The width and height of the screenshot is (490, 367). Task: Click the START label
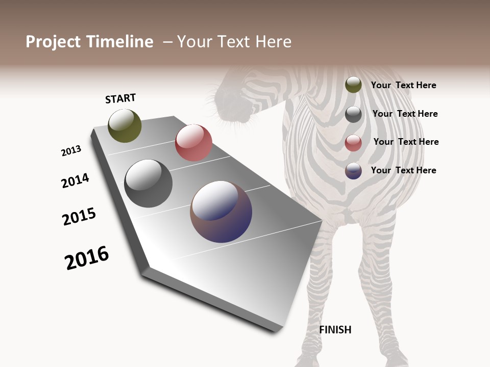coord(120,98)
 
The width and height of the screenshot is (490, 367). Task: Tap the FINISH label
coord(335,330)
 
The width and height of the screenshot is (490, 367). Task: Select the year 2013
coord(71,151)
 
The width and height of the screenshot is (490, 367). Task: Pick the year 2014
coord(75,180)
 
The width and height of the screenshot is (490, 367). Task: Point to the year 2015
coord(79,217)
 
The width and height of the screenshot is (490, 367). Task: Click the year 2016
coord(87,258)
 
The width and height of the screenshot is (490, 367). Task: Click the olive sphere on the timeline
coord(125,125)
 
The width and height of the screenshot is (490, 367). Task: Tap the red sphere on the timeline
coord(193,143)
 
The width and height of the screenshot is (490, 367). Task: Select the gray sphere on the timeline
coord(148,183)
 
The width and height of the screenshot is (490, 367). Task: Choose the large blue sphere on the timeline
coord(221,212)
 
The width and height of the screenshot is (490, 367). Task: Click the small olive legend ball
coord(353,85)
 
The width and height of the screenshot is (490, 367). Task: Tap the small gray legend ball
coord(353,114)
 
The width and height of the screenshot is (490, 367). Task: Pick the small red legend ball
coord(353,143)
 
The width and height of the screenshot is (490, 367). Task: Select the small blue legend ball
coord(353,171)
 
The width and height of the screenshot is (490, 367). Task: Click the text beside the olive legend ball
coord(403,86)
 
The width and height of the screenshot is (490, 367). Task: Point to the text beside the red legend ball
coord(406,142)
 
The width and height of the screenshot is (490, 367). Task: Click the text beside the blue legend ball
coord(403,170)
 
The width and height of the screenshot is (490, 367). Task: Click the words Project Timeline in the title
coord(89,42)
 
